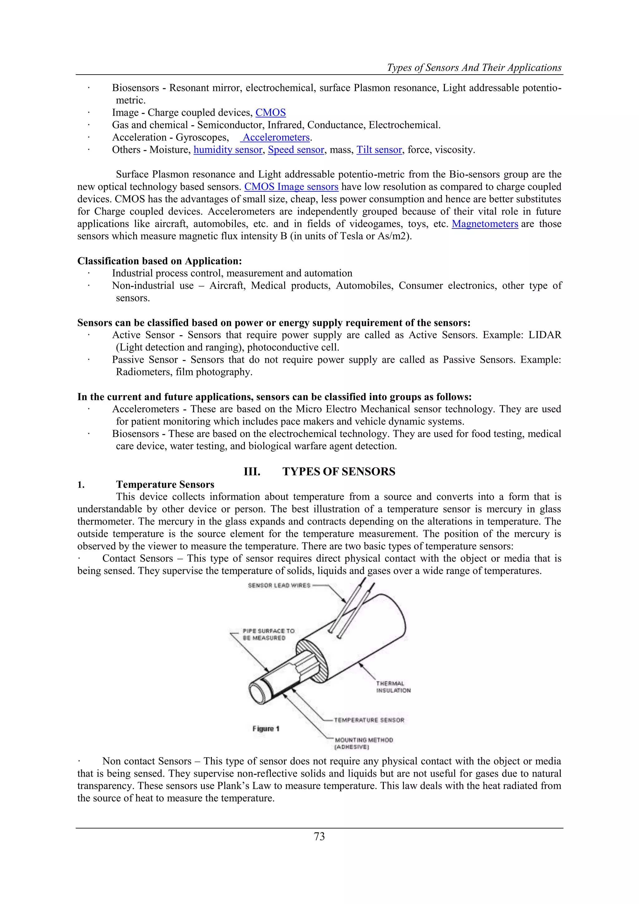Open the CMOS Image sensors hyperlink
click(291, 187)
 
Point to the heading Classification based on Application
click(159, 261)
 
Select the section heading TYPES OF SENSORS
click(339, 472)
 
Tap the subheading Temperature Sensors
click(165, 485)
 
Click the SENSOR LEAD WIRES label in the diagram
click(279, 586)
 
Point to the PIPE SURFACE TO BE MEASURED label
click(268, 634)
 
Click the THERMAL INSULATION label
click(393, 687)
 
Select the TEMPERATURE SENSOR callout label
click(369, 720)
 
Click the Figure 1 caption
click(266, 729)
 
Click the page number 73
click(319, 837)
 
